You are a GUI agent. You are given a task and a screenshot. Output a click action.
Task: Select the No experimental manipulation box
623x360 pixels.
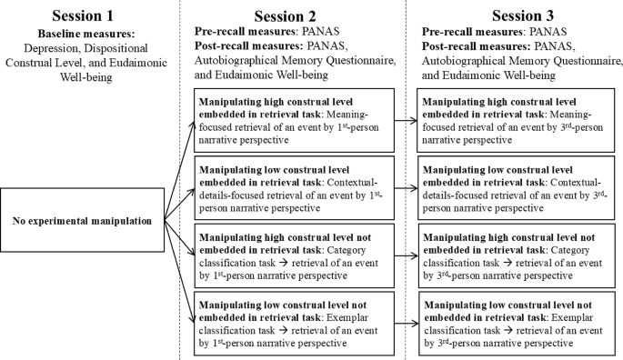[x=83, y=220]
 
